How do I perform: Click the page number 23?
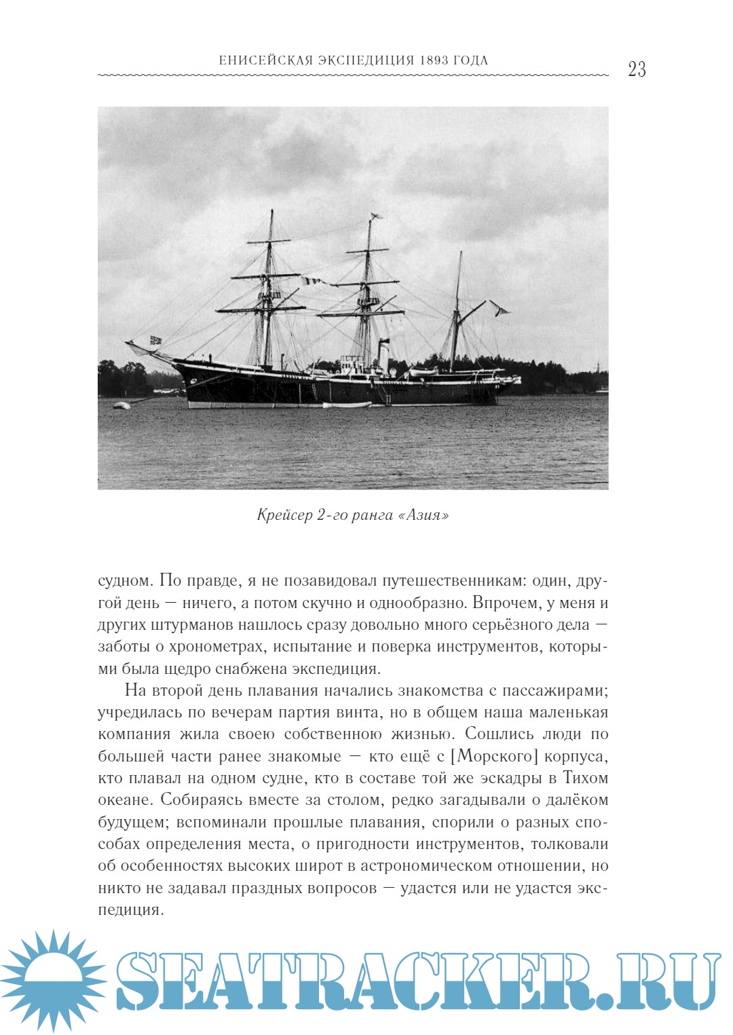tap(637, 69)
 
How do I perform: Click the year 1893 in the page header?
tap(434, 60)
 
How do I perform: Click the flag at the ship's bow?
tap(155, 340)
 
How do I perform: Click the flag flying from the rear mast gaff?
tap(502, 311)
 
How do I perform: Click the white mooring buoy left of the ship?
tap(121, 406)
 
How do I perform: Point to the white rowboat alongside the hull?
tap(347, 405)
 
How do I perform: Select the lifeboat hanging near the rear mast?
tap(422, 372)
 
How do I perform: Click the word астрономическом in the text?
tap(426, 866)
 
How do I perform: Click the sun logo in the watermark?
tap(53, 979)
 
